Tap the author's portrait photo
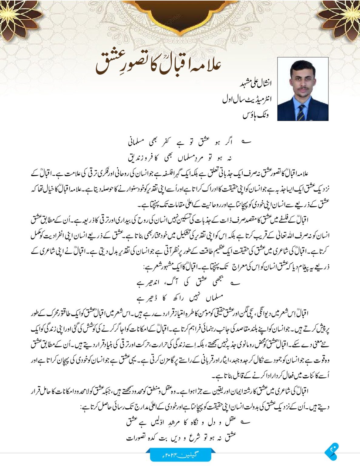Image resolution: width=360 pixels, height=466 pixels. tap(303, 89)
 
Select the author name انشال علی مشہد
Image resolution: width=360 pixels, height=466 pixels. tap(256, 83)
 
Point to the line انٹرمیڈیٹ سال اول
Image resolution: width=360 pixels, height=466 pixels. tap(247, 99)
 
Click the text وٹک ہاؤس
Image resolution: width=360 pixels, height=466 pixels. tap(256, 115)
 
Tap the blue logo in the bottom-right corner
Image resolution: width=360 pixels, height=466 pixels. tap(332, 451)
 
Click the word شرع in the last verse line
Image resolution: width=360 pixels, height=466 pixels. tap(194, 437)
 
